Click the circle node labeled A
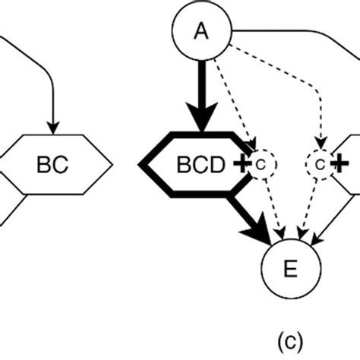click(201, 30)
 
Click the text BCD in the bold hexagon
click(202, 164)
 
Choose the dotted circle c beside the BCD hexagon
click(260, 163)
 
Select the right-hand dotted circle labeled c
click(319, 163)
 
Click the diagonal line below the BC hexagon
click(14, 209)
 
